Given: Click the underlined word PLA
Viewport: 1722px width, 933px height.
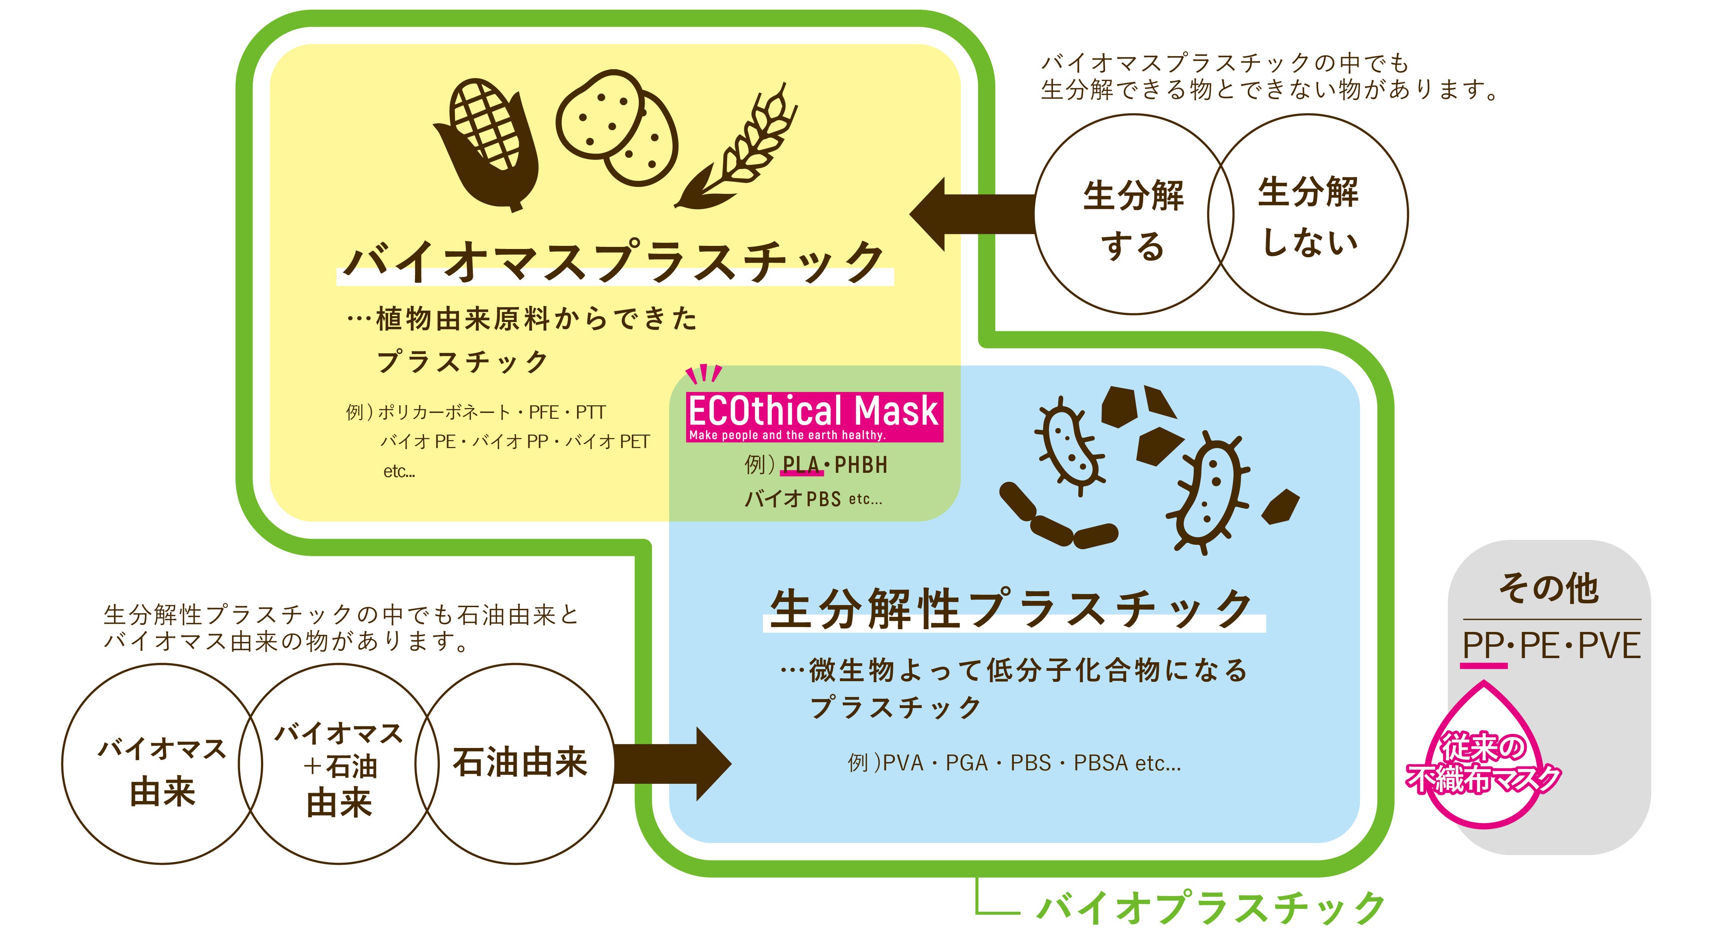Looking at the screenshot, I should pos(801,465).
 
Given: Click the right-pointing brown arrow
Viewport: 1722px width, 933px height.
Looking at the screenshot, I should pos(675,763).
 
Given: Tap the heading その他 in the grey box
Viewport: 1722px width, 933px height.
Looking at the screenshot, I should pos(1548,588).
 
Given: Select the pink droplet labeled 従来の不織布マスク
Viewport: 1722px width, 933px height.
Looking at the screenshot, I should pos(1484,762).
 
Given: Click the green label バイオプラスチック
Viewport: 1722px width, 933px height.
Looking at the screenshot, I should pos(1210,907).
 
